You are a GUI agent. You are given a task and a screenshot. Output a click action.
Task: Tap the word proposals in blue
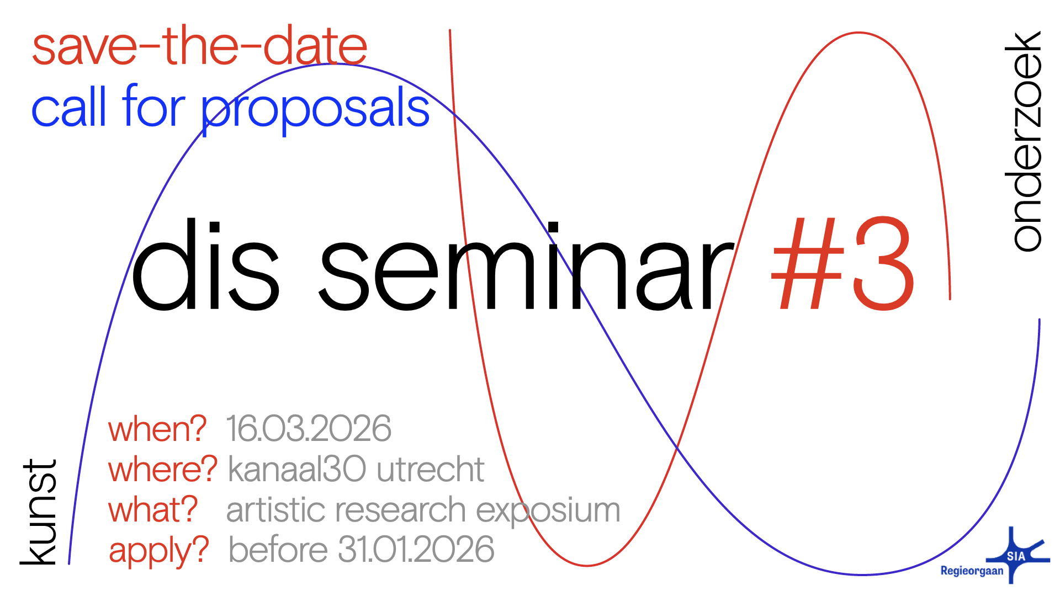click(x=315, y=109)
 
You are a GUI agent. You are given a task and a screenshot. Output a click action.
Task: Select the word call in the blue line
click(x=68, y=106)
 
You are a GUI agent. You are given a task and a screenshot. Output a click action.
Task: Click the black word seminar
click(x=527, y=266)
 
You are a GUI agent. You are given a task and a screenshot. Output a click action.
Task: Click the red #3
click(x=842, y=263)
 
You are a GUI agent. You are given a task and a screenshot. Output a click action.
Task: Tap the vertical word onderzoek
click(x=1023, y=141)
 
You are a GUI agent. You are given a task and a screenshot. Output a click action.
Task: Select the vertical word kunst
click(x=39, y=512)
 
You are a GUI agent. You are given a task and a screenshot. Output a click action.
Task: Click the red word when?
click(x=157, y=429)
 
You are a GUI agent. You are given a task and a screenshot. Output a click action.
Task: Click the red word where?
click(x=163, y=469)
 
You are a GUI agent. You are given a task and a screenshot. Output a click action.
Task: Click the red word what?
click(x=153, y=509)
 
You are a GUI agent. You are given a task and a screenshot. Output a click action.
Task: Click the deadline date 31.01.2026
click(x=416, y=550)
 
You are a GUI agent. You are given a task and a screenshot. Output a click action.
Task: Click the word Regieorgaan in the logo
click(x=972, y=571)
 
